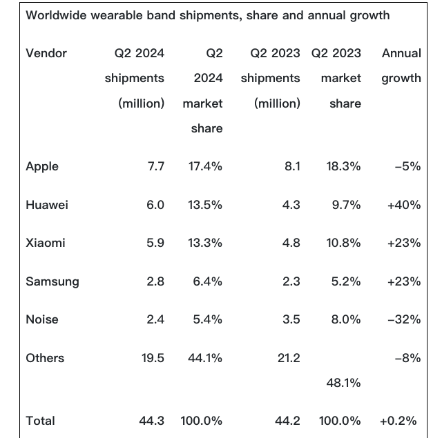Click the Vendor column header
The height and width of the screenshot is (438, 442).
point(46,53)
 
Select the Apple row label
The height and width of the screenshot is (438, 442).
point(42,166)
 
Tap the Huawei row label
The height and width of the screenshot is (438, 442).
point(47,205)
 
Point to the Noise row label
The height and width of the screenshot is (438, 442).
point(42,319)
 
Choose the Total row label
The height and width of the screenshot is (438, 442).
point(41,420)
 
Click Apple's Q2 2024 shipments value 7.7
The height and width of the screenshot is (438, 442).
point(155,166)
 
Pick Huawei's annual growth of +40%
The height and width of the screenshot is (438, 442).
point(404,205)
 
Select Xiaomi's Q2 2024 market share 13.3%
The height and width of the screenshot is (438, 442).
point(204,243)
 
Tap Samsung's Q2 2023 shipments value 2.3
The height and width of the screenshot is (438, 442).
point(291,281)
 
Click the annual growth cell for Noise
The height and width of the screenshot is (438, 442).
point(404,319)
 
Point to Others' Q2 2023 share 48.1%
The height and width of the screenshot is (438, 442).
point(343,382)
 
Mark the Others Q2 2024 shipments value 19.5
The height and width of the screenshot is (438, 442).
point(152,358)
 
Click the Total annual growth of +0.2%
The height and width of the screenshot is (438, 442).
point(400,420)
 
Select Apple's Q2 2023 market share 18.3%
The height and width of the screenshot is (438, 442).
point(343,166)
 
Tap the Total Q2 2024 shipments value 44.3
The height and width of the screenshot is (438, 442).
point(152,420)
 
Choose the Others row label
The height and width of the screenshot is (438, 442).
point(45,358)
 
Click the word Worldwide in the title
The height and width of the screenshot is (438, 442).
point(55,15)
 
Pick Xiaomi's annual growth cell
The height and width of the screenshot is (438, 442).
point(404,243)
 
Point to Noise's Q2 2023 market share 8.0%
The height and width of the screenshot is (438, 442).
point(346,319)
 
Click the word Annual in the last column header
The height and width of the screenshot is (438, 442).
point(401,53)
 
